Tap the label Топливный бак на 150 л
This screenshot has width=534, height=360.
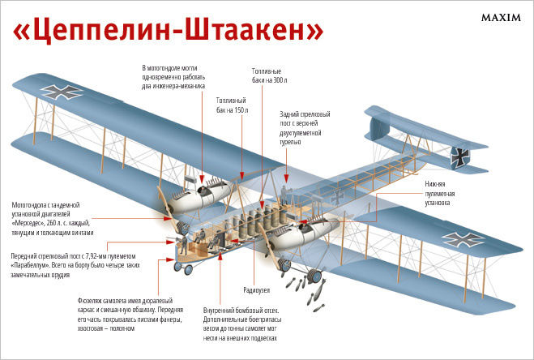(x=232, y=105)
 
